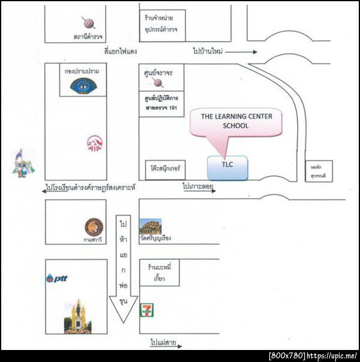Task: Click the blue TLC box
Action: pyautogui.click(x=227, y=168)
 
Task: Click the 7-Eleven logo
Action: pyautogui.click(x=145, y=310)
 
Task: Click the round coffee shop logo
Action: pyautogui.click(x=94, y=226)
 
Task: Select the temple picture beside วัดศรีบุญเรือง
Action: pyautogui.click(x=150, y=226)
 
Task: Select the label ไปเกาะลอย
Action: pyautogui.click(x=199, y=187)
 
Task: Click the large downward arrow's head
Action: pyautogui.click(x=123, y=308)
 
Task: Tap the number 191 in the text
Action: pyautogui.click(x=173, y=107)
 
